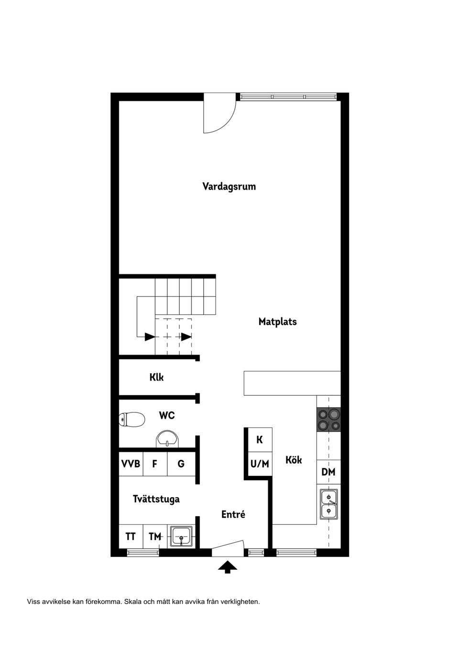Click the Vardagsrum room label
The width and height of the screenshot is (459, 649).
229,186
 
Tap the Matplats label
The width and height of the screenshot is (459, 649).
278,322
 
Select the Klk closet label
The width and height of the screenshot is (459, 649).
156,377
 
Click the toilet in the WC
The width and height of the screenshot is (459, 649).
132,419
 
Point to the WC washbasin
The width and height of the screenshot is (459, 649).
167,439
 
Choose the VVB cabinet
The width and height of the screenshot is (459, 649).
131,464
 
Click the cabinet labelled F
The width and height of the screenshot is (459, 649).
155,464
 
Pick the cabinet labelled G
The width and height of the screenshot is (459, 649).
181,464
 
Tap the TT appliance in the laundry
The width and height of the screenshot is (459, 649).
131,537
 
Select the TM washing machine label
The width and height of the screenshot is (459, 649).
155,537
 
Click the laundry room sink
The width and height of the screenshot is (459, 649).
181,537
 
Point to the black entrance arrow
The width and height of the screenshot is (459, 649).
228,567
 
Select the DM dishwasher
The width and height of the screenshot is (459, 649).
328,472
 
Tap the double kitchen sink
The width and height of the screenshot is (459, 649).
329,504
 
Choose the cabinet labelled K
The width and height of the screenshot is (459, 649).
260,440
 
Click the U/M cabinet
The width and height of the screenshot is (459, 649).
260,464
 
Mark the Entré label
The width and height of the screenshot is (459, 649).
233,515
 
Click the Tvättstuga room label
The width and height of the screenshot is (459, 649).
156,499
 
